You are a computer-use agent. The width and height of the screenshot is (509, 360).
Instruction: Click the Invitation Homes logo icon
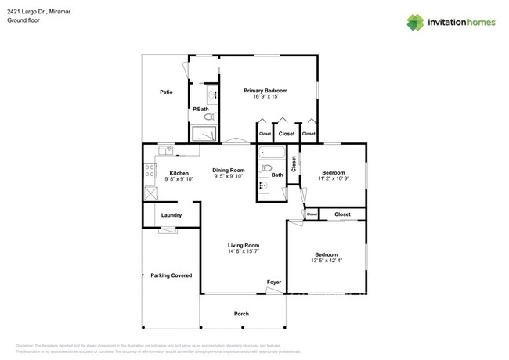415,22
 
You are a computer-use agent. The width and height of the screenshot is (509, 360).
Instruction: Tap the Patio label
166,92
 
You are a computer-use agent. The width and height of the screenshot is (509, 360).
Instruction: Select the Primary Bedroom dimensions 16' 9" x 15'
266,97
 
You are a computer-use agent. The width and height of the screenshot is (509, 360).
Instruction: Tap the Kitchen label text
179,173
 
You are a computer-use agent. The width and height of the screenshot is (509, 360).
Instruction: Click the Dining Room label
229,170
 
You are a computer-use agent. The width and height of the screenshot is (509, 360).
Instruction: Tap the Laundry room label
171,215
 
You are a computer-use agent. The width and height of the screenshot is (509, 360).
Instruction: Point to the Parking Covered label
171,275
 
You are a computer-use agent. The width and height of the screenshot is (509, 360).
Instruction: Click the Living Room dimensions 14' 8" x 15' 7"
244,251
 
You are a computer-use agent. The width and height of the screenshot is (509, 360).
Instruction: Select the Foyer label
274,282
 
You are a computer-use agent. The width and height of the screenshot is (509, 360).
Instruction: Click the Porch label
242,314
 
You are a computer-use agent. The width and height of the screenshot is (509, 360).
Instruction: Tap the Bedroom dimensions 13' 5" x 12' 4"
327,261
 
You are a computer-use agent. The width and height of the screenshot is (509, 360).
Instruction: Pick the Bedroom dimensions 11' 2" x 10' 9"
334,178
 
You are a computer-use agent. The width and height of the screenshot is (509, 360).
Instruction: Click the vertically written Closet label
294,164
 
